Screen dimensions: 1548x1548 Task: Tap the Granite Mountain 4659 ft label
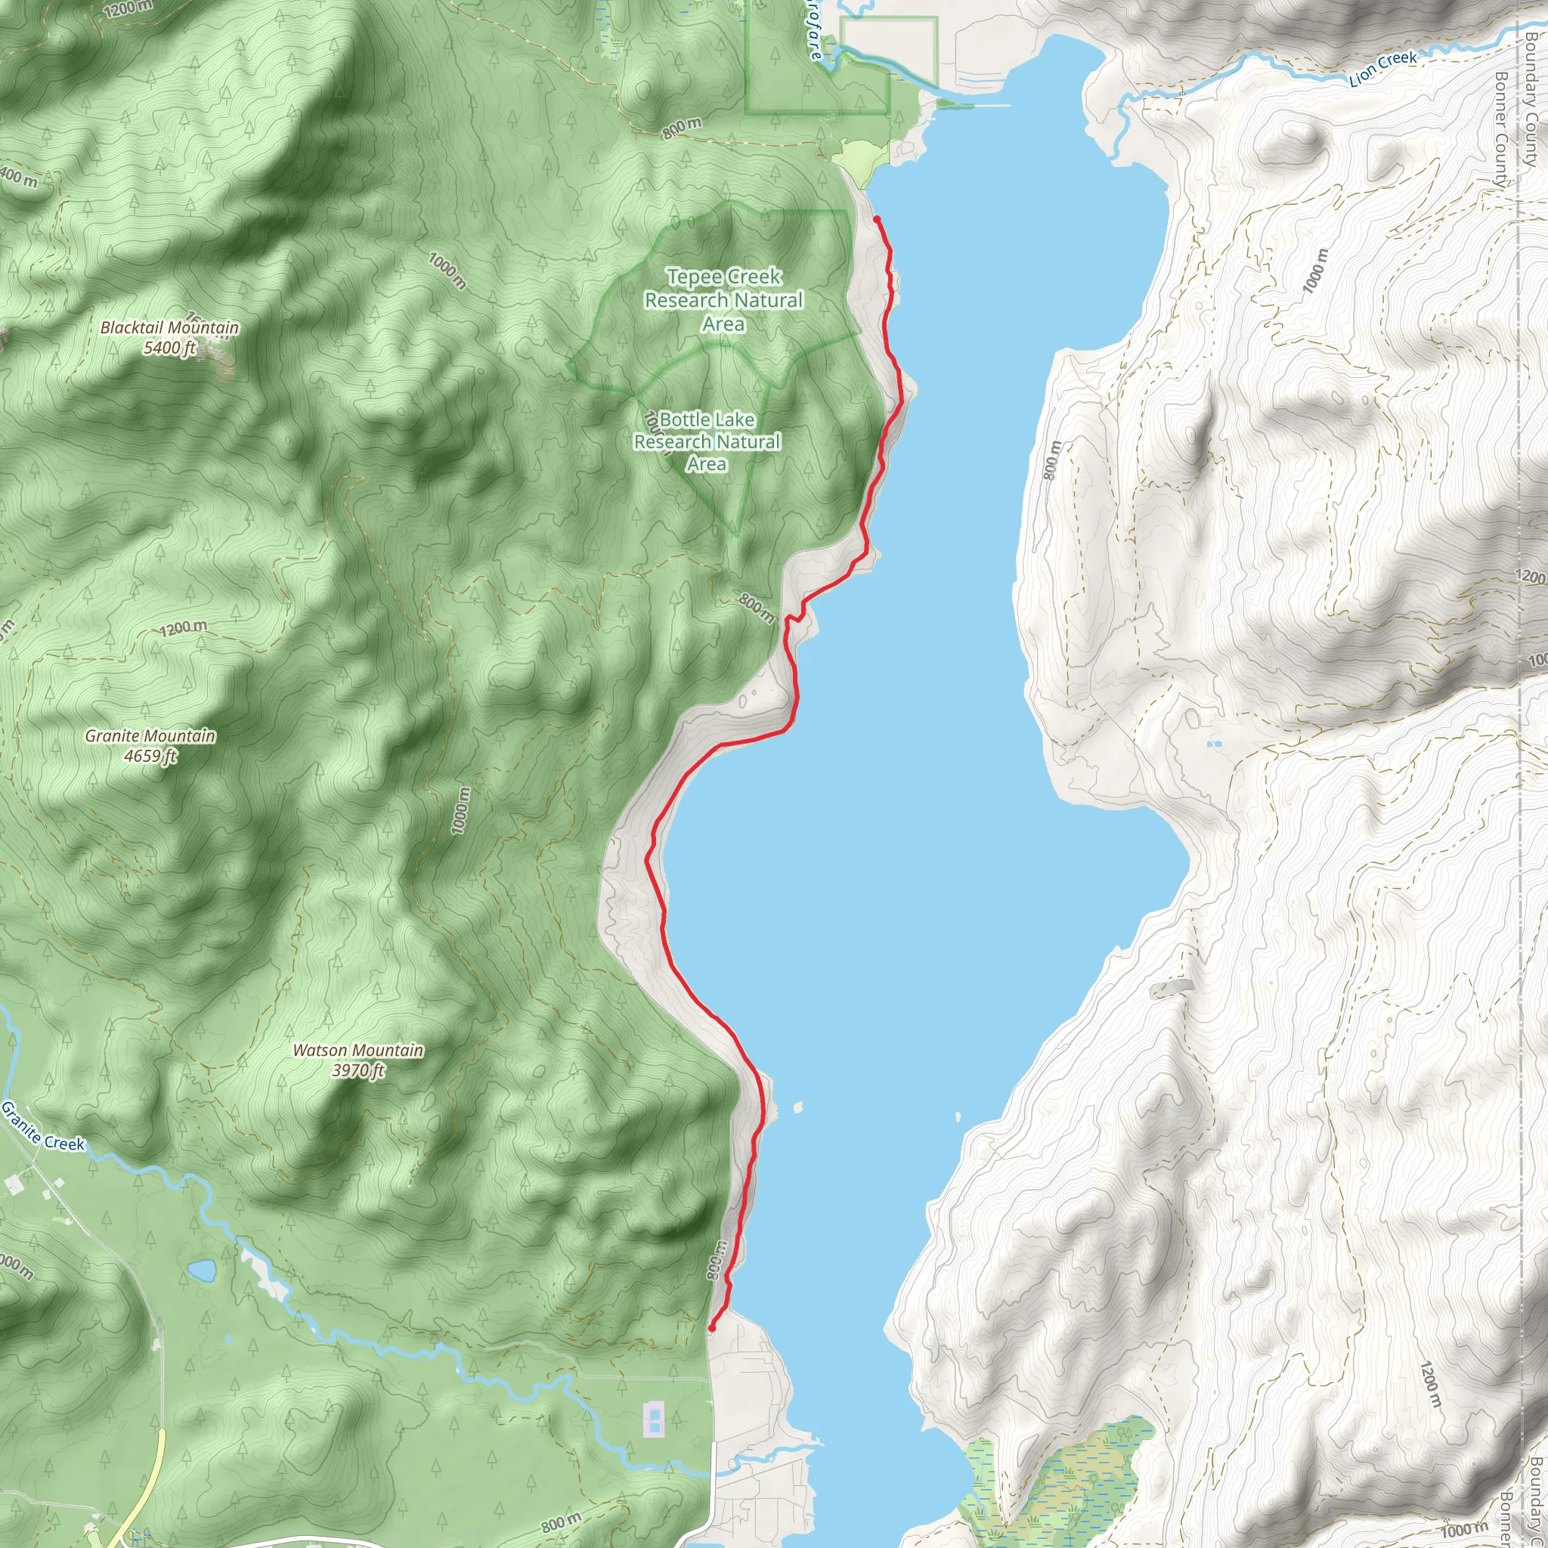click(x=150, y=745)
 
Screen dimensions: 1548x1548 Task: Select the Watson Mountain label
click(x=358, y=1051)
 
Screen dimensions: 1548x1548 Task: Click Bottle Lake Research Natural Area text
click(x=707, y=441)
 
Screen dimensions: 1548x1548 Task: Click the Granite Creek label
click(x=42, y=1126)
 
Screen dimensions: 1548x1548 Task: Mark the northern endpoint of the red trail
click(x=877, y=218)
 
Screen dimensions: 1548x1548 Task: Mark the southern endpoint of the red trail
click(x=711, y=1327)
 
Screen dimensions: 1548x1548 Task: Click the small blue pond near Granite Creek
click(x=202, y=1271)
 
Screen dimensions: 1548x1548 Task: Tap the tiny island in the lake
click(x=798, y=1107)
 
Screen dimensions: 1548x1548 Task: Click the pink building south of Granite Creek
click(x=655, y=1418)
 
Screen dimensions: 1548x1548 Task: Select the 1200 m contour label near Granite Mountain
click(x=184, y=627)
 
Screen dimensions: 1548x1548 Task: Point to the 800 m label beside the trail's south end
click(x=717, y=1260)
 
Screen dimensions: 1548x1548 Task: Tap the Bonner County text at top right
click(x=1502, y=128)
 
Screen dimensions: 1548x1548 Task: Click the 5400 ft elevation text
click(x=169, y=348)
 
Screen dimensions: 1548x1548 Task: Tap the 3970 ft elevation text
click(x=358, y=1071)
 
